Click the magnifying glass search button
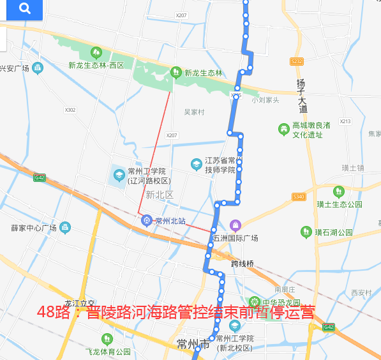[x=25, y=8]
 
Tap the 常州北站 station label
[x=170, y=221]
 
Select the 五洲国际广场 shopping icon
[x=235, y=225]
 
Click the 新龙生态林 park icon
[x=177, y=72]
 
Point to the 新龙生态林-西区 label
[x=96, y=64]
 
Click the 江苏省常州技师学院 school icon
[x=197, y=164]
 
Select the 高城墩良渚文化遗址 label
[x=311, y=130]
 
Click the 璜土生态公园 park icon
[x=338, y=191]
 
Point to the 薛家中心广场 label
[x=34, y=228]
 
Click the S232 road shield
[x=297, y=61]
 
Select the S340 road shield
[x=299, y=197]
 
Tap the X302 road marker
[x=70, y=110]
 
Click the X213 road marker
[x=345, y=121]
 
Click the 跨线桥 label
[x=243, y=263]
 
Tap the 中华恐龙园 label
[x=281, y=302]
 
